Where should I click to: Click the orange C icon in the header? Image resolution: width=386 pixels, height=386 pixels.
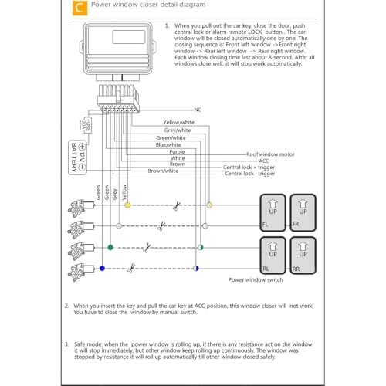(x=80, y=8)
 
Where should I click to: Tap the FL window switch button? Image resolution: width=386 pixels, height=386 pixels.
(x=273, y=212)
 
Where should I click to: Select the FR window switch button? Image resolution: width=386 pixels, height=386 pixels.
(x=303, y=212)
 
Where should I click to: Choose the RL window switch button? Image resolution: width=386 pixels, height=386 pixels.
(x=273, y=256)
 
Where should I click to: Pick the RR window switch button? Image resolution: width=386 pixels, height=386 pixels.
(x=303, y=256)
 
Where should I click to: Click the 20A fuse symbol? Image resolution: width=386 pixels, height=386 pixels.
(x=86, y=125)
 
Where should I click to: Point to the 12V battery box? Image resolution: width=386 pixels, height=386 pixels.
(x=77, y=157)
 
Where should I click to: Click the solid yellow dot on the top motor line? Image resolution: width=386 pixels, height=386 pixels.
(x=127, y=205)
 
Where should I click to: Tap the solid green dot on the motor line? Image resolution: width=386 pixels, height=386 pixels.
(x=110, y=247)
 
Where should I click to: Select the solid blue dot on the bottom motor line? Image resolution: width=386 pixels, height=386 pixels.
(x=102, y=269)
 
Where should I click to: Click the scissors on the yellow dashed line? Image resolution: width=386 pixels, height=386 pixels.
(x=177, y=206)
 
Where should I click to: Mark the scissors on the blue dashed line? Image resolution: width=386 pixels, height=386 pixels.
(x=131, y=269)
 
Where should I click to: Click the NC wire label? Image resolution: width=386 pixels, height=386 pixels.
(x=198, y=110)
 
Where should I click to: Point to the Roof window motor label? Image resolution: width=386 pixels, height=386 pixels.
(x=270, y=154)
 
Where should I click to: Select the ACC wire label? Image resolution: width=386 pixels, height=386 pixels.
(x=264, y=161)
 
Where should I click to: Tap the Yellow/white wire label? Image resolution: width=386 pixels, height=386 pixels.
(x=178, y=122)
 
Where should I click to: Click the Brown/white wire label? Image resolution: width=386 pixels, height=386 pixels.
(x=163, y=171)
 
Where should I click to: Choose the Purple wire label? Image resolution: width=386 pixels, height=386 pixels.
(x=177, y=152)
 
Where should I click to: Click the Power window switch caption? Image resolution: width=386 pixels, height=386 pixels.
(x=256, y=279)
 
